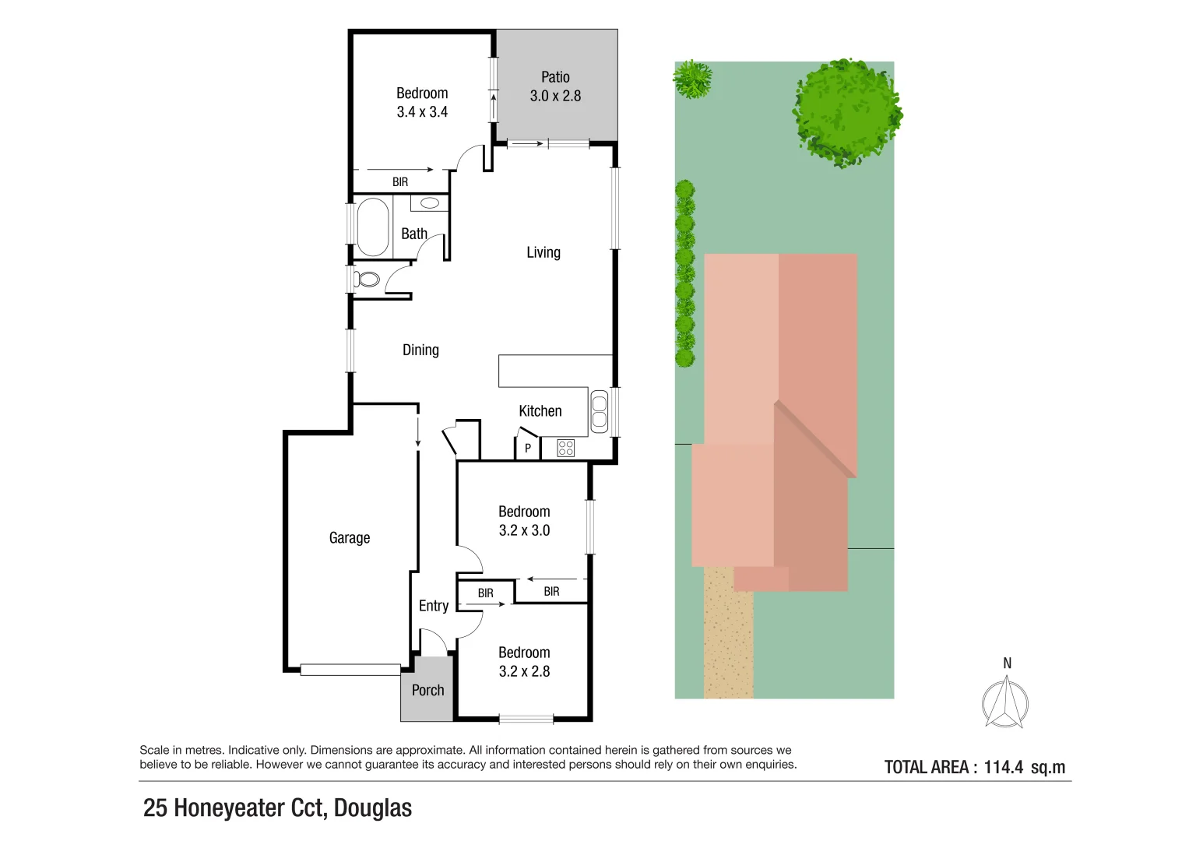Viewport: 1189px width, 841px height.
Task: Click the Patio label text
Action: pyautogui.click(x=555, y=78)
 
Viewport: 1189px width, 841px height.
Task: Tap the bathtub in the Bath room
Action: pyautogui.click(x=373, y=227)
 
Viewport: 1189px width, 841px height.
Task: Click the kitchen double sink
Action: pyautogui.click(x=600, y=411)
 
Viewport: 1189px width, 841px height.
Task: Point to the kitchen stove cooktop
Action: pyautogui.click(x=565, y=448)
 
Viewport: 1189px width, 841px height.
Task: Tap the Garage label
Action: pyautogui.click(x=350, y=538)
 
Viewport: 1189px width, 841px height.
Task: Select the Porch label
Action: pyautogui.click(x=427, y=690)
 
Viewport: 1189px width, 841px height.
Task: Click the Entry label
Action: pyautogui.click(x=434, y=606)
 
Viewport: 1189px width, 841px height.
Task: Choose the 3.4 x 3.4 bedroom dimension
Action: pyautogui.click(x=423, y=112)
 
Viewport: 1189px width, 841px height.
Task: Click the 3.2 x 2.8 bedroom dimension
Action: pyautogui.click(x=525, y=671)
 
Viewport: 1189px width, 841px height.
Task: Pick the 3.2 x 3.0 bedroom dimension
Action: pyautogui.click(x=525, y=530)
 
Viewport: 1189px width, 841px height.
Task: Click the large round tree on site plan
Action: pyautogui.click(x=846, y=113)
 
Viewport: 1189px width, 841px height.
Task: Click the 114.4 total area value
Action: pyautogui.click(x=1003, y=767)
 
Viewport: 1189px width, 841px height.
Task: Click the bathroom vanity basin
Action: pyautogui.click(x=430, y=202)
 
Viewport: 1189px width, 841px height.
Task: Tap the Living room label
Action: pyautogui.click(x=543, y=252)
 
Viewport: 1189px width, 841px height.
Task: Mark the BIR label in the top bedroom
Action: pyautogui.click(x=400, y=182)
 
